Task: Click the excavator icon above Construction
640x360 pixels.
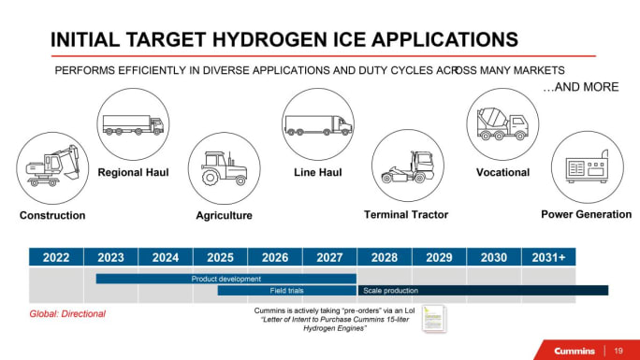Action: click(52, 166)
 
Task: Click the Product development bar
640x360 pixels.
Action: click(225, 279)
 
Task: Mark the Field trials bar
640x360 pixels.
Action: click(286, 291)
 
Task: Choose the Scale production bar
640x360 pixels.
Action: click(482, 291)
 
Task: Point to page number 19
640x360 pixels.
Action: click(618, 350)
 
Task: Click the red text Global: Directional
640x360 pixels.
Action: click(67, 313)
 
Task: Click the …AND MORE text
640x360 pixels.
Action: click(580, 87)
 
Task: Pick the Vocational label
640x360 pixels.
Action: click(502, 172)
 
